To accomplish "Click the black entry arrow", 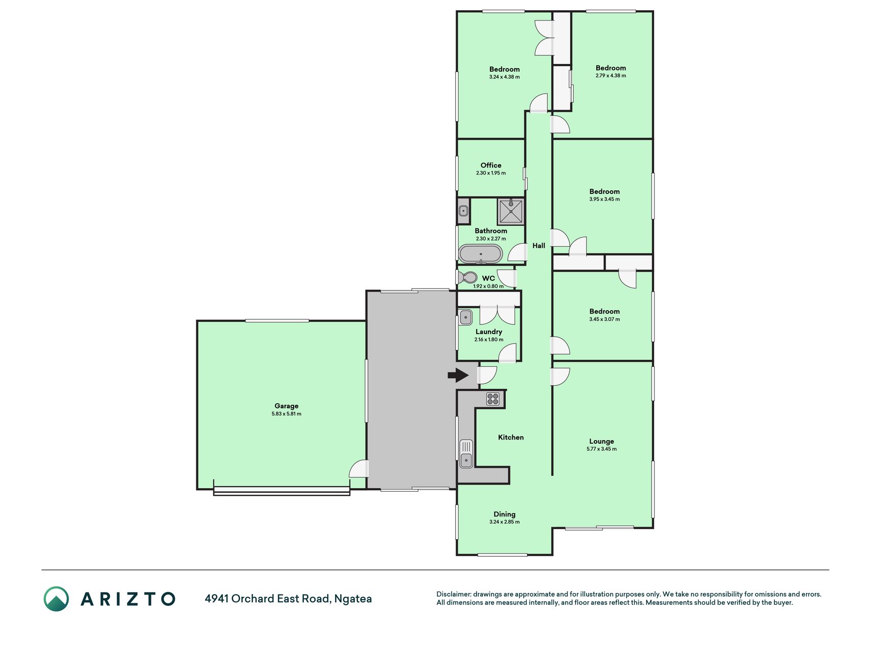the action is (x=458, y=376).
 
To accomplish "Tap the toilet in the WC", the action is (x=467, y=277).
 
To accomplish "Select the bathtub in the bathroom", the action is (x=481, y=254).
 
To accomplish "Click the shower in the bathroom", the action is (x=511, y=211).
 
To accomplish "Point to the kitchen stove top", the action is (x=493, y=399).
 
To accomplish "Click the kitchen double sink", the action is (x=466, y=454).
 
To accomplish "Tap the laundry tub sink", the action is (x=465, y=317).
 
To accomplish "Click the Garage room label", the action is (x=286, y=406).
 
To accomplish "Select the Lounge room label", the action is (x=601, y=441).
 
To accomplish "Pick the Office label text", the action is (x=491, y=165).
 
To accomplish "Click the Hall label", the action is (x=539, y=246).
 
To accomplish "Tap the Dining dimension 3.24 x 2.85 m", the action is (x=504, y=522).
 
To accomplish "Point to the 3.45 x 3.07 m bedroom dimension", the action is (x=605, y=319).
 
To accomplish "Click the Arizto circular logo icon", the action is (x=56, y=599).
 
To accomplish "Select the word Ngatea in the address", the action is (x=353, y=599).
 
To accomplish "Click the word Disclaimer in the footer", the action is (x=454, y=594).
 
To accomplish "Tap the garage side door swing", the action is (x=359, y=469).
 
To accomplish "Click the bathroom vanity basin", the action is (x=463, y=211).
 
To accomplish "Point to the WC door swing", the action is (x=507, y=278).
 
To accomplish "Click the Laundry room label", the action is (x=489, y=332).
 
